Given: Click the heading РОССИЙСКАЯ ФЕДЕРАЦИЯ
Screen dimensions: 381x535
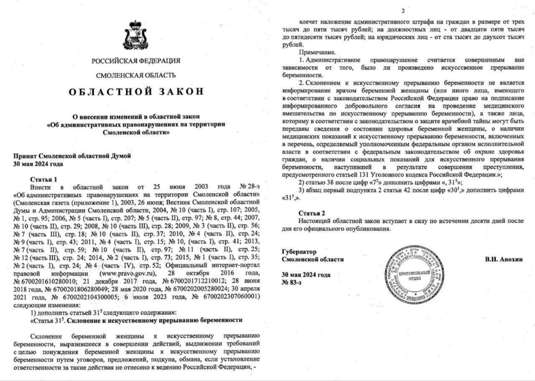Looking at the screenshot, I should (x=136, y=61).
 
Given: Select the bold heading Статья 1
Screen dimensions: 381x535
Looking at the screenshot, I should (x=43, y=179).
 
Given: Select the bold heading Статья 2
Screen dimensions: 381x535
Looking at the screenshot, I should (x=311, y=213).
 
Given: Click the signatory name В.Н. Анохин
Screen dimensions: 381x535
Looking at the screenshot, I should (x=504, y=259).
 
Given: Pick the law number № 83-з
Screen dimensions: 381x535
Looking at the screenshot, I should (x=292, y=283).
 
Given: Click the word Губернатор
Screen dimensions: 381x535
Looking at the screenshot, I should (x=299, y=252).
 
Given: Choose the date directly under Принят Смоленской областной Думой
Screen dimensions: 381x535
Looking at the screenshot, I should (x=38, y=164).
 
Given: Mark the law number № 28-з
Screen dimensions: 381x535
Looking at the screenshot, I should (x=249, y=187).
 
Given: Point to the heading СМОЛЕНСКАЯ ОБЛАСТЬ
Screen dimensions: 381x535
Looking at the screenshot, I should (x=136, y=76).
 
